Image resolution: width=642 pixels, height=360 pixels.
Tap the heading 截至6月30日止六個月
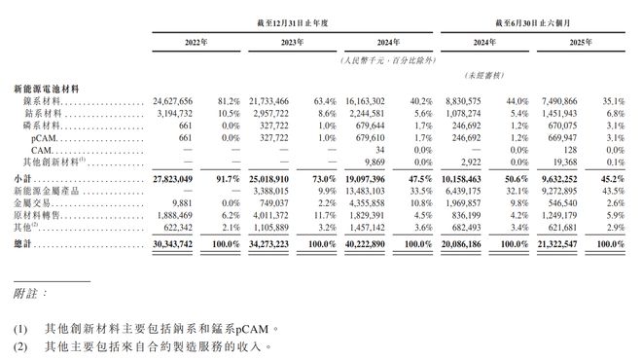530,19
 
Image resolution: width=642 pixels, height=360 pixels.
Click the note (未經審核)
483,76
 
